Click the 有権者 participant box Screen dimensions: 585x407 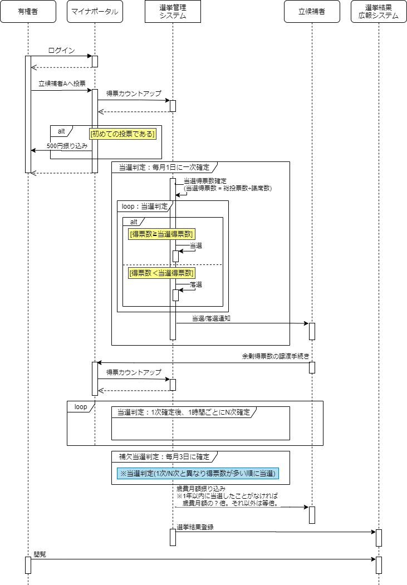tap(28, 12)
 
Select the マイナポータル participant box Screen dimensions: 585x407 tap(95, 12)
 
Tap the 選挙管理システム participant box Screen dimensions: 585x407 tap(173, 12)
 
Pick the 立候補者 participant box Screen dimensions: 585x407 tap(312, 12)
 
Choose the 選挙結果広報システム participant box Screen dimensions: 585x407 tap(379, 12)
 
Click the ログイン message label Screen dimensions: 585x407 tap(61, 51)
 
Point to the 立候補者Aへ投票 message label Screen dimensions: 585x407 tap(62, 84)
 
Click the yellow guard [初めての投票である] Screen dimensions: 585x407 tap(122, 134)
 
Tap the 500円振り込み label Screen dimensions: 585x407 tap(67, 145)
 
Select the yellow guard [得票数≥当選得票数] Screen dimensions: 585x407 tap(161, 234)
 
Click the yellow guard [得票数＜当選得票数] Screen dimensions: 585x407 tap(161, 273)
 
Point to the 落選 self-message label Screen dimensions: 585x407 tap(195, 284)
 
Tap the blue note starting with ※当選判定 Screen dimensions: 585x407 tap(197, 473)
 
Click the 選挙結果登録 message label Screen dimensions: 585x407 tap(195, 527)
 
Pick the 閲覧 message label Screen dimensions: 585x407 tap(40, 554)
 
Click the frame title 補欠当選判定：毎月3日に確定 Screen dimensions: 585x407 tap(164, 456)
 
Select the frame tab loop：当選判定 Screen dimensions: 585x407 tap(145, 206)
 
